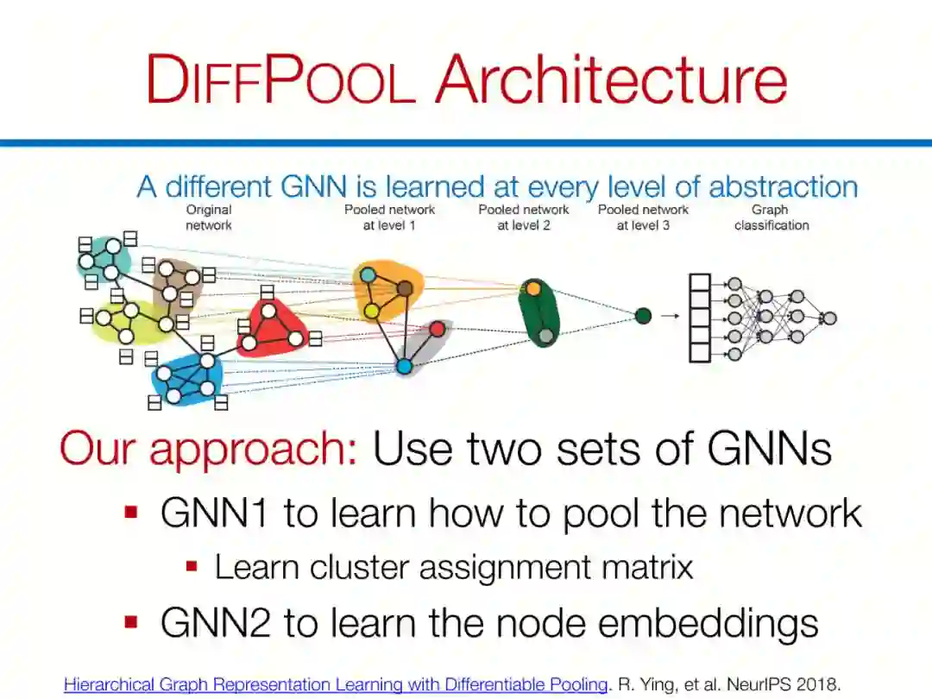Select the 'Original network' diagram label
(209, 217)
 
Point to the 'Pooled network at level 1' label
(389, 217)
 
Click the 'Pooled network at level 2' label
(524, 217)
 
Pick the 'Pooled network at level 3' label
(643, 217)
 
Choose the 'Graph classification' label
(771, 217)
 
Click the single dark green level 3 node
(643, 316)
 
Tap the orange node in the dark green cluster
(533, 287)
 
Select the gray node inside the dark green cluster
(545, 336)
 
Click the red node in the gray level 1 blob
(438, 329)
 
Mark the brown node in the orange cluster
(404, 288)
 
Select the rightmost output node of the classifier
(829, 318)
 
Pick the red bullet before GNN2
(132, 621)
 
